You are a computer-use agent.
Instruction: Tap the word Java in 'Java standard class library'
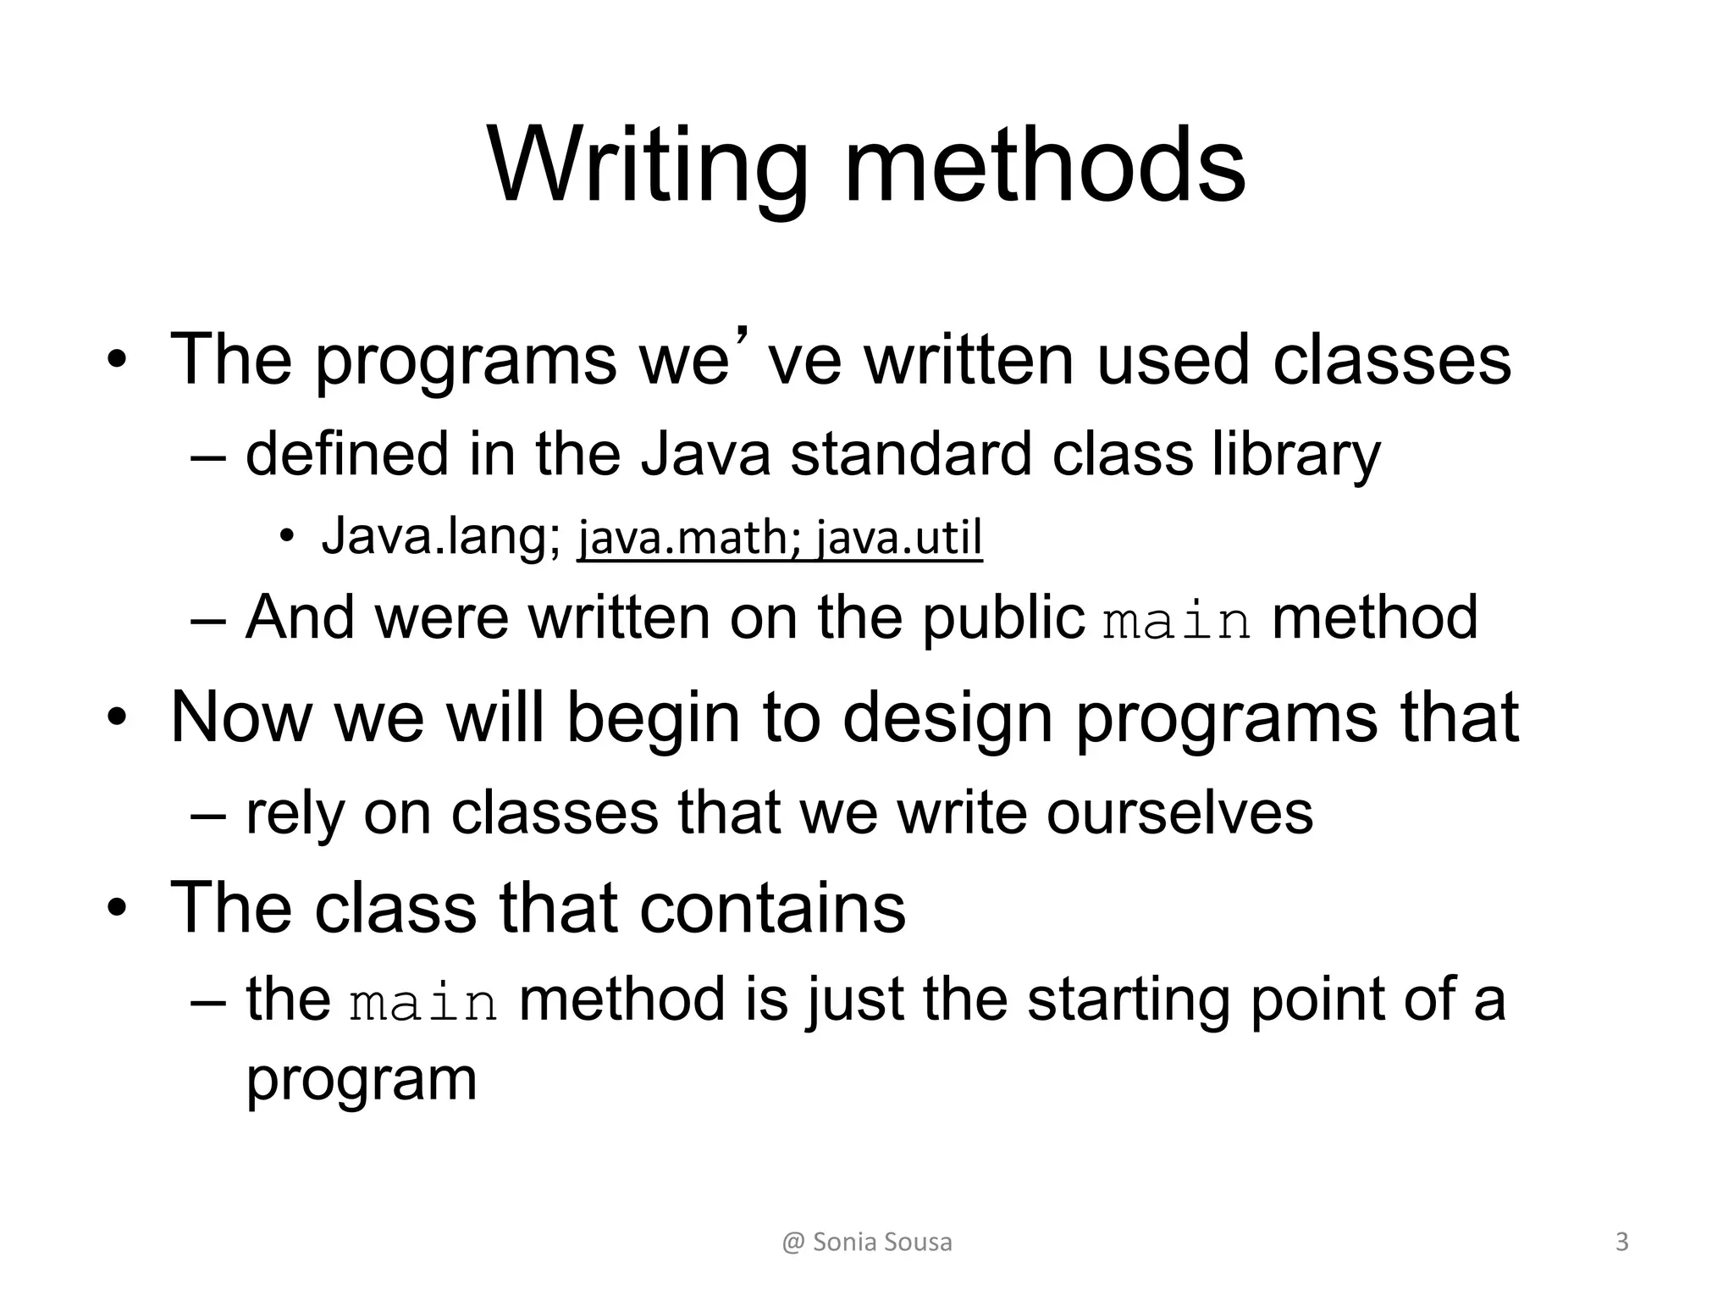point(704,454)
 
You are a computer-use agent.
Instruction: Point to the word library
point(1295,456)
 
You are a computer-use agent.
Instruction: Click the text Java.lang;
point(440,537)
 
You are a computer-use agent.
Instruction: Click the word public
point(1003,618)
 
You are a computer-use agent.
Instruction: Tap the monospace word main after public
point(1177,622)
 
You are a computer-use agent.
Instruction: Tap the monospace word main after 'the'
point(423,1003)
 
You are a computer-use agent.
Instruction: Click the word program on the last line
point(362,1080)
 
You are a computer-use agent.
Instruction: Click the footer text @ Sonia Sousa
point(867,1243)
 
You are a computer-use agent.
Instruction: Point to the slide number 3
point(1621,1243)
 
